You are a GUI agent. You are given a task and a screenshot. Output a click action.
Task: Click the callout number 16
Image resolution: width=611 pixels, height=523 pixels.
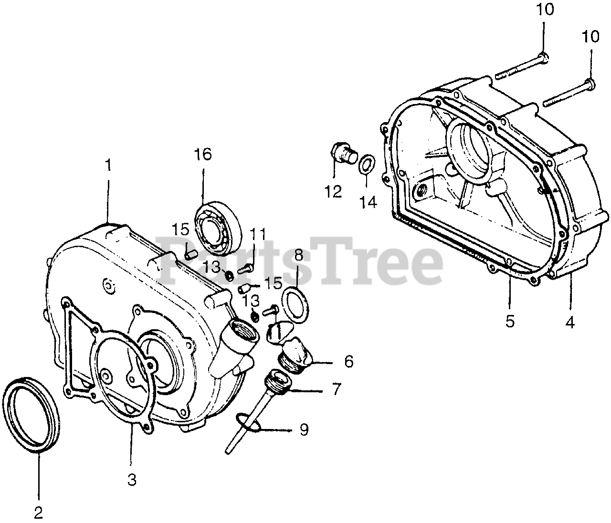(x=203, y=155)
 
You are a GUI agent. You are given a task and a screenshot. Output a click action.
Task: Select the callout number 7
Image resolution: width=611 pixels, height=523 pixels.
(x=337, y=389)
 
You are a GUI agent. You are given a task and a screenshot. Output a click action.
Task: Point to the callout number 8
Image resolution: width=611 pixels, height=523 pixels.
(x=298, y=255)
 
